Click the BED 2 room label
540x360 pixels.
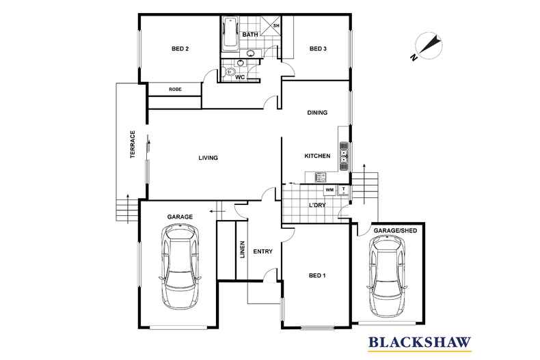[180, 49]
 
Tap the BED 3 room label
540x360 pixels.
[319, 49]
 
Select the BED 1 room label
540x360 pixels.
[317, 275]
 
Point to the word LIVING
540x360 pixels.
[208, 158]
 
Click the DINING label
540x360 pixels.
[317, 113]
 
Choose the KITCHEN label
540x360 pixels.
[317, 156]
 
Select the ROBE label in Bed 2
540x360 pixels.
[175, 89]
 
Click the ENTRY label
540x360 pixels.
[262, 251]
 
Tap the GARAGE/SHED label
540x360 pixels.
[394, 232]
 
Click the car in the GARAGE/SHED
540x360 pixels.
[388, 277]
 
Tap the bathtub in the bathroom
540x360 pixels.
[230, 33]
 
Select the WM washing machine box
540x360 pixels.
[329, 189]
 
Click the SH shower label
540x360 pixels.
[276, 26]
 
